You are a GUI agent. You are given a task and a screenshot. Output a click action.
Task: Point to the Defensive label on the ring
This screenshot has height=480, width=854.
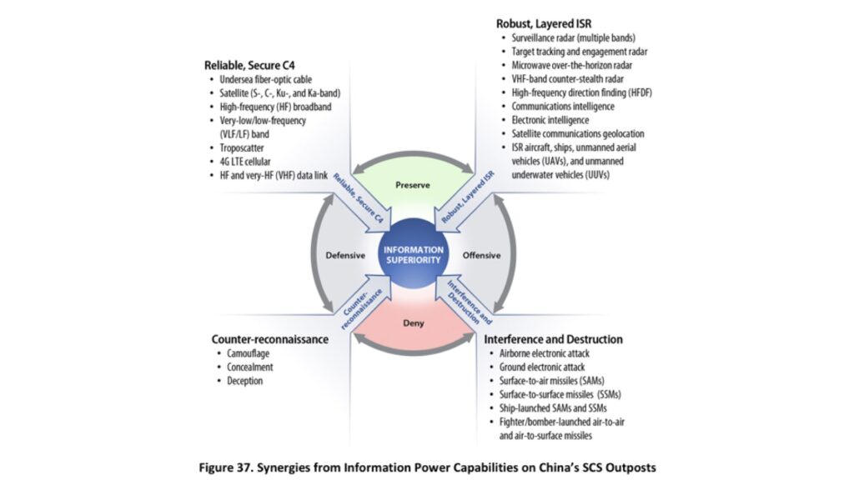click(x=342, y=255)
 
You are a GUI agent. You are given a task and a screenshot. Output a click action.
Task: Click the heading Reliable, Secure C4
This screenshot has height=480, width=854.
click(x=249, y=65)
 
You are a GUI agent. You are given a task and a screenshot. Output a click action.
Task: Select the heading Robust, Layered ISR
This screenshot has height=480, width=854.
click(x=544, y=24)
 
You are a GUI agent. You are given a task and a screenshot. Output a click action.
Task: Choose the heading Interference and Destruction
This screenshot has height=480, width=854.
click(x=553, y=340)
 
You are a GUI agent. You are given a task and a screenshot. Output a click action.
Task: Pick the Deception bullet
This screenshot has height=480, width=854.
click(x=244, y=381)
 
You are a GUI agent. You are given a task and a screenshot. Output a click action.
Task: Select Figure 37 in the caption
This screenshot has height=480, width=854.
click(x=239, y=467)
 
